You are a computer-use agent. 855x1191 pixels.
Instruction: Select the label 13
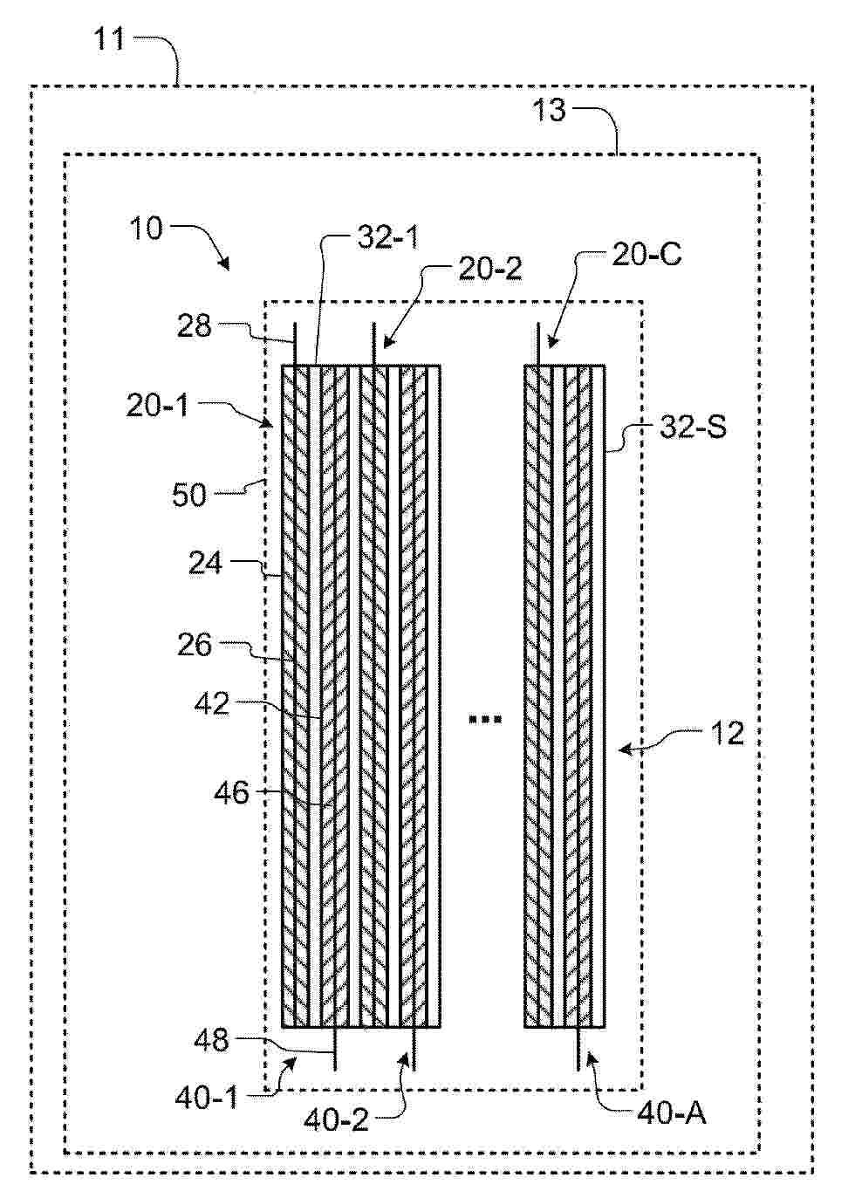550,111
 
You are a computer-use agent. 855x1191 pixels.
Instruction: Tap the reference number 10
146,229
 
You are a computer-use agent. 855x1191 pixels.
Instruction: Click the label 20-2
490,269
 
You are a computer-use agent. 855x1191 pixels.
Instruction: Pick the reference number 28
194,325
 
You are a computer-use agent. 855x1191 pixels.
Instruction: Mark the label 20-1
157,407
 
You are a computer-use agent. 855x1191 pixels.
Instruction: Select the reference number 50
189,495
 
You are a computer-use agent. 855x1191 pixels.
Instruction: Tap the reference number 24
206,564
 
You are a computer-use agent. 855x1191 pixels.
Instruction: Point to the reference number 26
195,645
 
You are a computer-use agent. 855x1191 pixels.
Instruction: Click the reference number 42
212,704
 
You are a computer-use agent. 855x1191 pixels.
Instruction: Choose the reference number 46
231,793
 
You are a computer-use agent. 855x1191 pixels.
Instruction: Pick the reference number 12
728,734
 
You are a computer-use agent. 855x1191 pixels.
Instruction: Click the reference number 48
212,1040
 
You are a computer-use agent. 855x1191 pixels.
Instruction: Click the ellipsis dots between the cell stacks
484,720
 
